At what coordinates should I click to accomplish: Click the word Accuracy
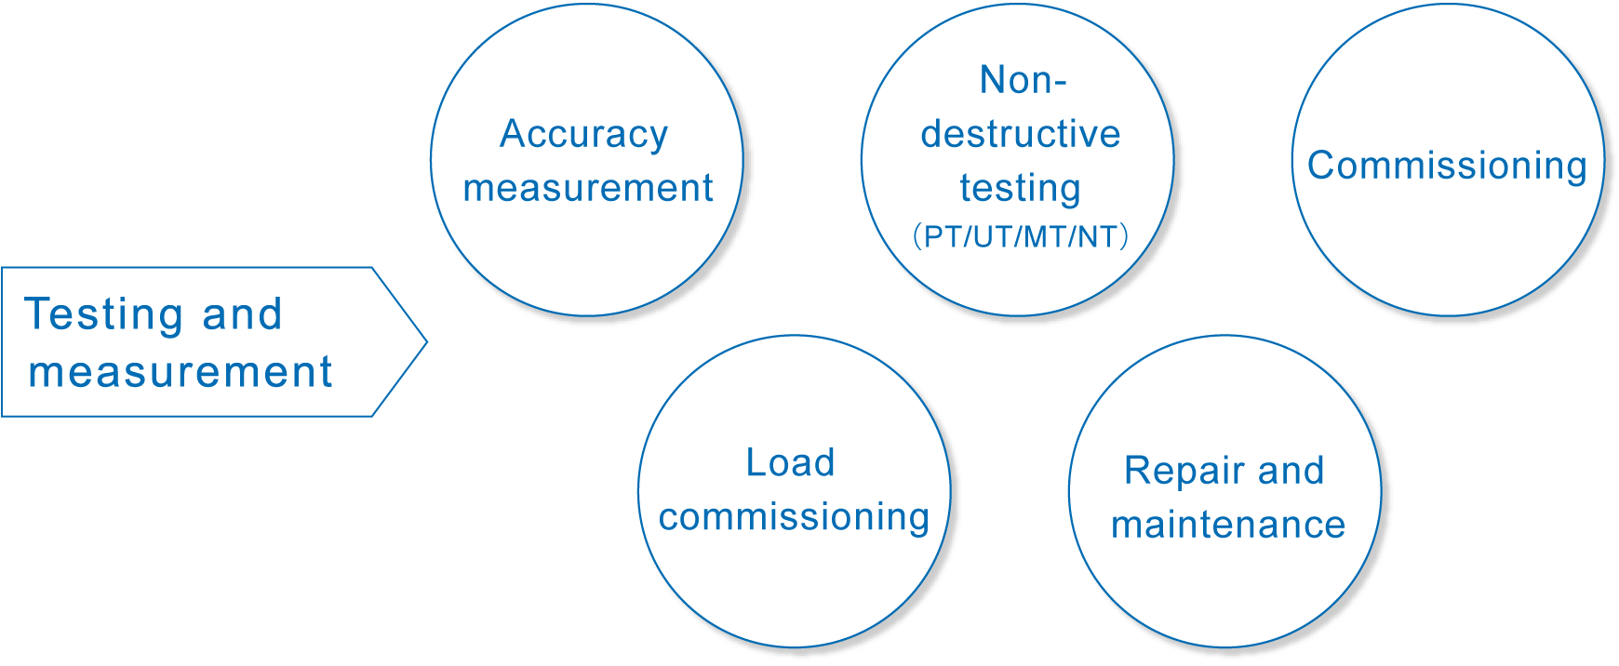click(x=583, y=135)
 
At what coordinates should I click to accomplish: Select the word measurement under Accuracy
click(x=587, y=189)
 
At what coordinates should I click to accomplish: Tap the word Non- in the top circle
click(x=1023, y=81)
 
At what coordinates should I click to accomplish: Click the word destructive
click(x=1020, y=135)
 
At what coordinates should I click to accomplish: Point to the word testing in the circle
click(x=1020, y=189)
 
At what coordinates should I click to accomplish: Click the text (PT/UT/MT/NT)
click(x=1020, y=236)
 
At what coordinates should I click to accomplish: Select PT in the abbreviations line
click(x=942, y=236)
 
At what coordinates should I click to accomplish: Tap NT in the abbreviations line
click(x=1097, y=236)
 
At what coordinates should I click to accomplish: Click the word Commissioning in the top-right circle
click(x=1447, y=166)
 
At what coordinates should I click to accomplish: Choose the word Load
click(x=790, y=463)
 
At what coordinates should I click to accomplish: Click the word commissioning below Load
click(x=794, y=518)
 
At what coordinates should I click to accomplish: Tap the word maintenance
click(x=1228, y=526)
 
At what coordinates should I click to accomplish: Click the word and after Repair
click(x=1291, y=472)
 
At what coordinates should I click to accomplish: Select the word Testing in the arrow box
click(x=103, y=315)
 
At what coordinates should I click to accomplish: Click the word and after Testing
click(x=242, y=315)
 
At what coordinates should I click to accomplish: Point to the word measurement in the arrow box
click(x=180, y=373)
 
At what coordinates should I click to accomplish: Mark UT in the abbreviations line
click(x=993, y=236)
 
